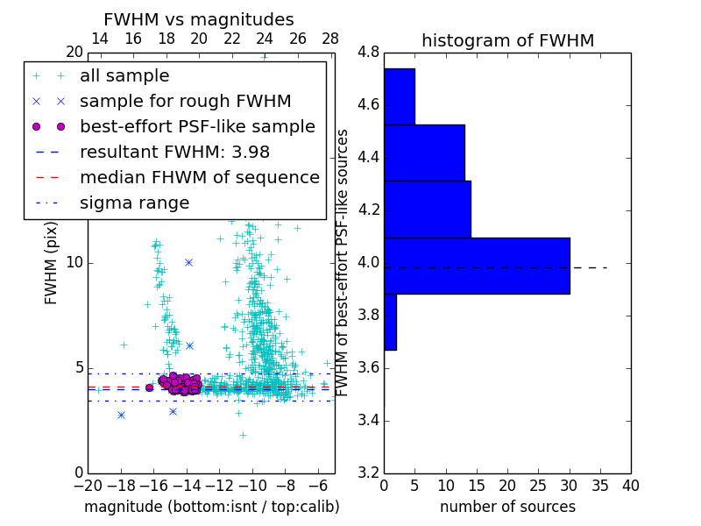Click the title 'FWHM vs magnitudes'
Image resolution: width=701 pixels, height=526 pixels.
point(199,20)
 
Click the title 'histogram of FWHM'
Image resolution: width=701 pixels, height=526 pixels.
point(507,40)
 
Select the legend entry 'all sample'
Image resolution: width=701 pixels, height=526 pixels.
point(124,76)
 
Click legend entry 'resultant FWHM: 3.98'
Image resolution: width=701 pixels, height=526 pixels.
point(174,152)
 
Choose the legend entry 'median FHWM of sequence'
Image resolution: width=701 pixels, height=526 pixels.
point(199,177)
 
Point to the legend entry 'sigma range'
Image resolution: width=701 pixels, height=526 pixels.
point(134,203)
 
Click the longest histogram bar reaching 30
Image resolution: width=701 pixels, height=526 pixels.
point(477,266)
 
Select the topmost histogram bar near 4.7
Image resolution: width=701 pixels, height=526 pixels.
point(399,96)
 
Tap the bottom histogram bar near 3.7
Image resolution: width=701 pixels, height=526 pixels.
point(390,322)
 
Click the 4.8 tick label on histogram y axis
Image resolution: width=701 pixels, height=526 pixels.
point(368,53)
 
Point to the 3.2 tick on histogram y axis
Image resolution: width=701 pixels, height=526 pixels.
point(368,473)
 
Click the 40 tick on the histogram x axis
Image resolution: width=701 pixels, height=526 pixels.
point(630,486)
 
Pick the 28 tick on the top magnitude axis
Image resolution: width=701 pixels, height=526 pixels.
point(330,39)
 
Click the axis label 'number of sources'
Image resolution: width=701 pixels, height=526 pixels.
point(507,507)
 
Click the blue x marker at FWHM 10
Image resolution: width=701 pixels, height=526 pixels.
point(188,262)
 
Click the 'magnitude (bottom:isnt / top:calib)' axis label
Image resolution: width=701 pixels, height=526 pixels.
point(211,507)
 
